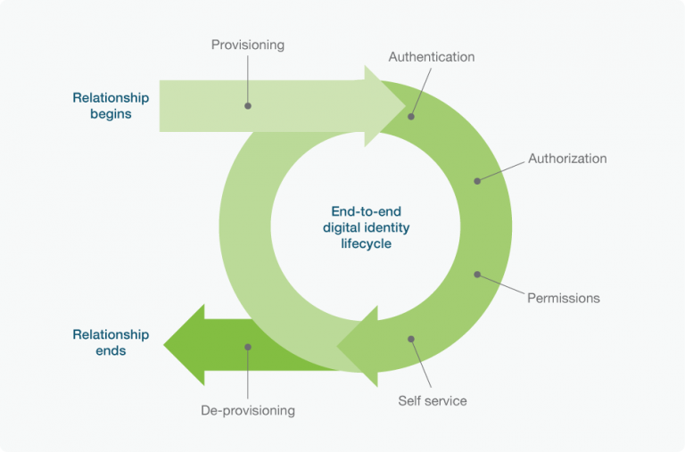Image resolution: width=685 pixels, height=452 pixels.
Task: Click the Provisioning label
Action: click(x=247, y=44)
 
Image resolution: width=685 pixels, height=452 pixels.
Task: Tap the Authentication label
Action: click(x=432, y=57)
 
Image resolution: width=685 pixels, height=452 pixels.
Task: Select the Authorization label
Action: click(x=567, y=159)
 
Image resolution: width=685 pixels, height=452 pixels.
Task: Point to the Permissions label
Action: click(x=564, y=298)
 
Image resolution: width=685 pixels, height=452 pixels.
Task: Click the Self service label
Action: click(x=432, y=400)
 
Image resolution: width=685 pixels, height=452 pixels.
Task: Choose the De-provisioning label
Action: click(x=247, y=411)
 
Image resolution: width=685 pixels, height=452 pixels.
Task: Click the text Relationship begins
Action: click(x=111, y=106)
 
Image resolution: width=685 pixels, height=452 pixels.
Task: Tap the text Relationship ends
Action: click(x=111, y=343)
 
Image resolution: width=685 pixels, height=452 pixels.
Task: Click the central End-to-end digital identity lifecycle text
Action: click(x=366, y=227)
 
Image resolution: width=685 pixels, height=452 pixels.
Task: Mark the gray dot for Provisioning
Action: click(x=248, y=105)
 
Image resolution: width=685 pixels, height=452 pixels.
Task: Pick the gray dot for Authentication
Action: click(x=412, y=116)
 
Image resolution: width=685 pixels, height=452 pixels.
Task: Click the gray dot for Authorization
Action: click(x=477, y=180)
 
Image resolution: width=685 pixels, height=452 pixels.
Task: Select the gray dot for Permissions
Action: click(x=477, y=275)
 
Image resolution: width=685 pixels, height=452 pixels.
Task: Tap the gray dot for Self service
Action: click(x=411, y=339)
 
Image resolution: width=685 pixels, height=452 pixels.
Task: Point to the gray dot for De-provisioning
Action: click(x=248, y=347)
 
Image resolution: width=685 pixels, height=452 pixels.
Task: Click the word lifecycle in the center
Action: click(x=366, y=243)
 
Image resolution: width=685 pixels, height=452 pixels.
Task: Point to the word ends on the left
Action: click(x=111, y=351)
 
